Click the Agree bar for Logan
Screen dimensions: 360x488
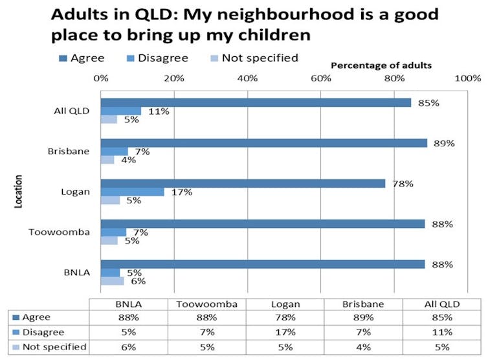[x=243, y=184]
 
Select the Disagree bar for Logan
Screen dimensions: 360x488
[x=133, y=192]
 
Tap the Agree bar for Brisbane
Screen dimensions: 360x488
[x=264, y=143]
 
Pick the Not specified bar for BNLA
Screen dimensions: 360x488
[x=113, y=281]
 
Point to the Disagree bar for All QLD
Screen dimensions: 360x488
[x=121, y=111]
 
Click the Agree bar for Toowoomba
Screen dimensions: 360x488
[x=263, y=224]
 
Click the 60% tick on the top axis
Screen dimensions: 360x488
[x=321, y=78]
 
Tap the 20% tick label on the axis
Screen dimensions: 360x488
[x=174, y=78]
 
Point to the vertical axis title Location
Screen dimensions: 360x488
[x=19, y=191]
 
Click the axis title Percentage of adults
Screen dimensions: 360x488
[x=381, y=66]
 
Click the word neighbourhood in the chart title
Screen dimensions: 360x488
[x=287, y=14]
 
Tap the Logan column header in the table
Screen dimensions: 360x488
[x=282, y=304]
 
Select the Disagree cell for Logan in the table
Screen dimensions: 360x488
[x=282, y=332]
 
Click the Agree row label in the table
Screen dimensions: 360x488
[x=36, y=318]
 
